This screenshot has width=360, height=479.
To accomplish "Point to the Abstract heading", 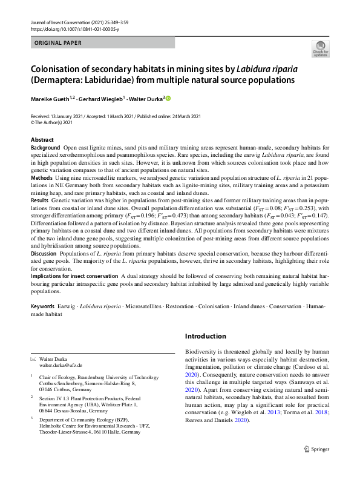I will tap(42, 140).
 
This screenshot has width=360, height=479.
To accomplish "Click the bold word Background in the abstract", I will tap(45, 148).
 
